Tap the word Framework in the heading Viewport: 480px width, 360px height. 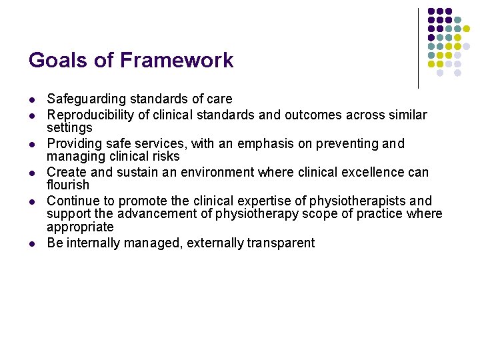pyautogui.click(x=177, y=61)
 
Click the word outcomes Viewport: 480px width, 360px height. pyautogui.click(x=315, y=115)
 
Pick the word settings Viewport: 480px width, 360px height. pyautogui.click(x=69, y=127)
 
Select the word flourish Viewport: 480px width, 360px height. pyautogui.click(x=68, y=185)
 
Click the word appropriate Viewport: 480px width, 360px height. pyautogui.click(x=80, y=227)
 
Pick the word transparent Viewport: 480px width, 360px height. pyautogui.click(x=281, y=243)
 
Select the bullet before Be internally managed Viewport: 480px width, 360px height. pyautogui.click(x=31, y=243)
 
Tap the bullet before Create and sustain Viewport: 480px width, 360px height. pyautogui.click(x=31, y=173)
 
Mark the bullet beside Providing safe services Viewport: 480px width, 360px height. pyautogui.click(x=31, y=145)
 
